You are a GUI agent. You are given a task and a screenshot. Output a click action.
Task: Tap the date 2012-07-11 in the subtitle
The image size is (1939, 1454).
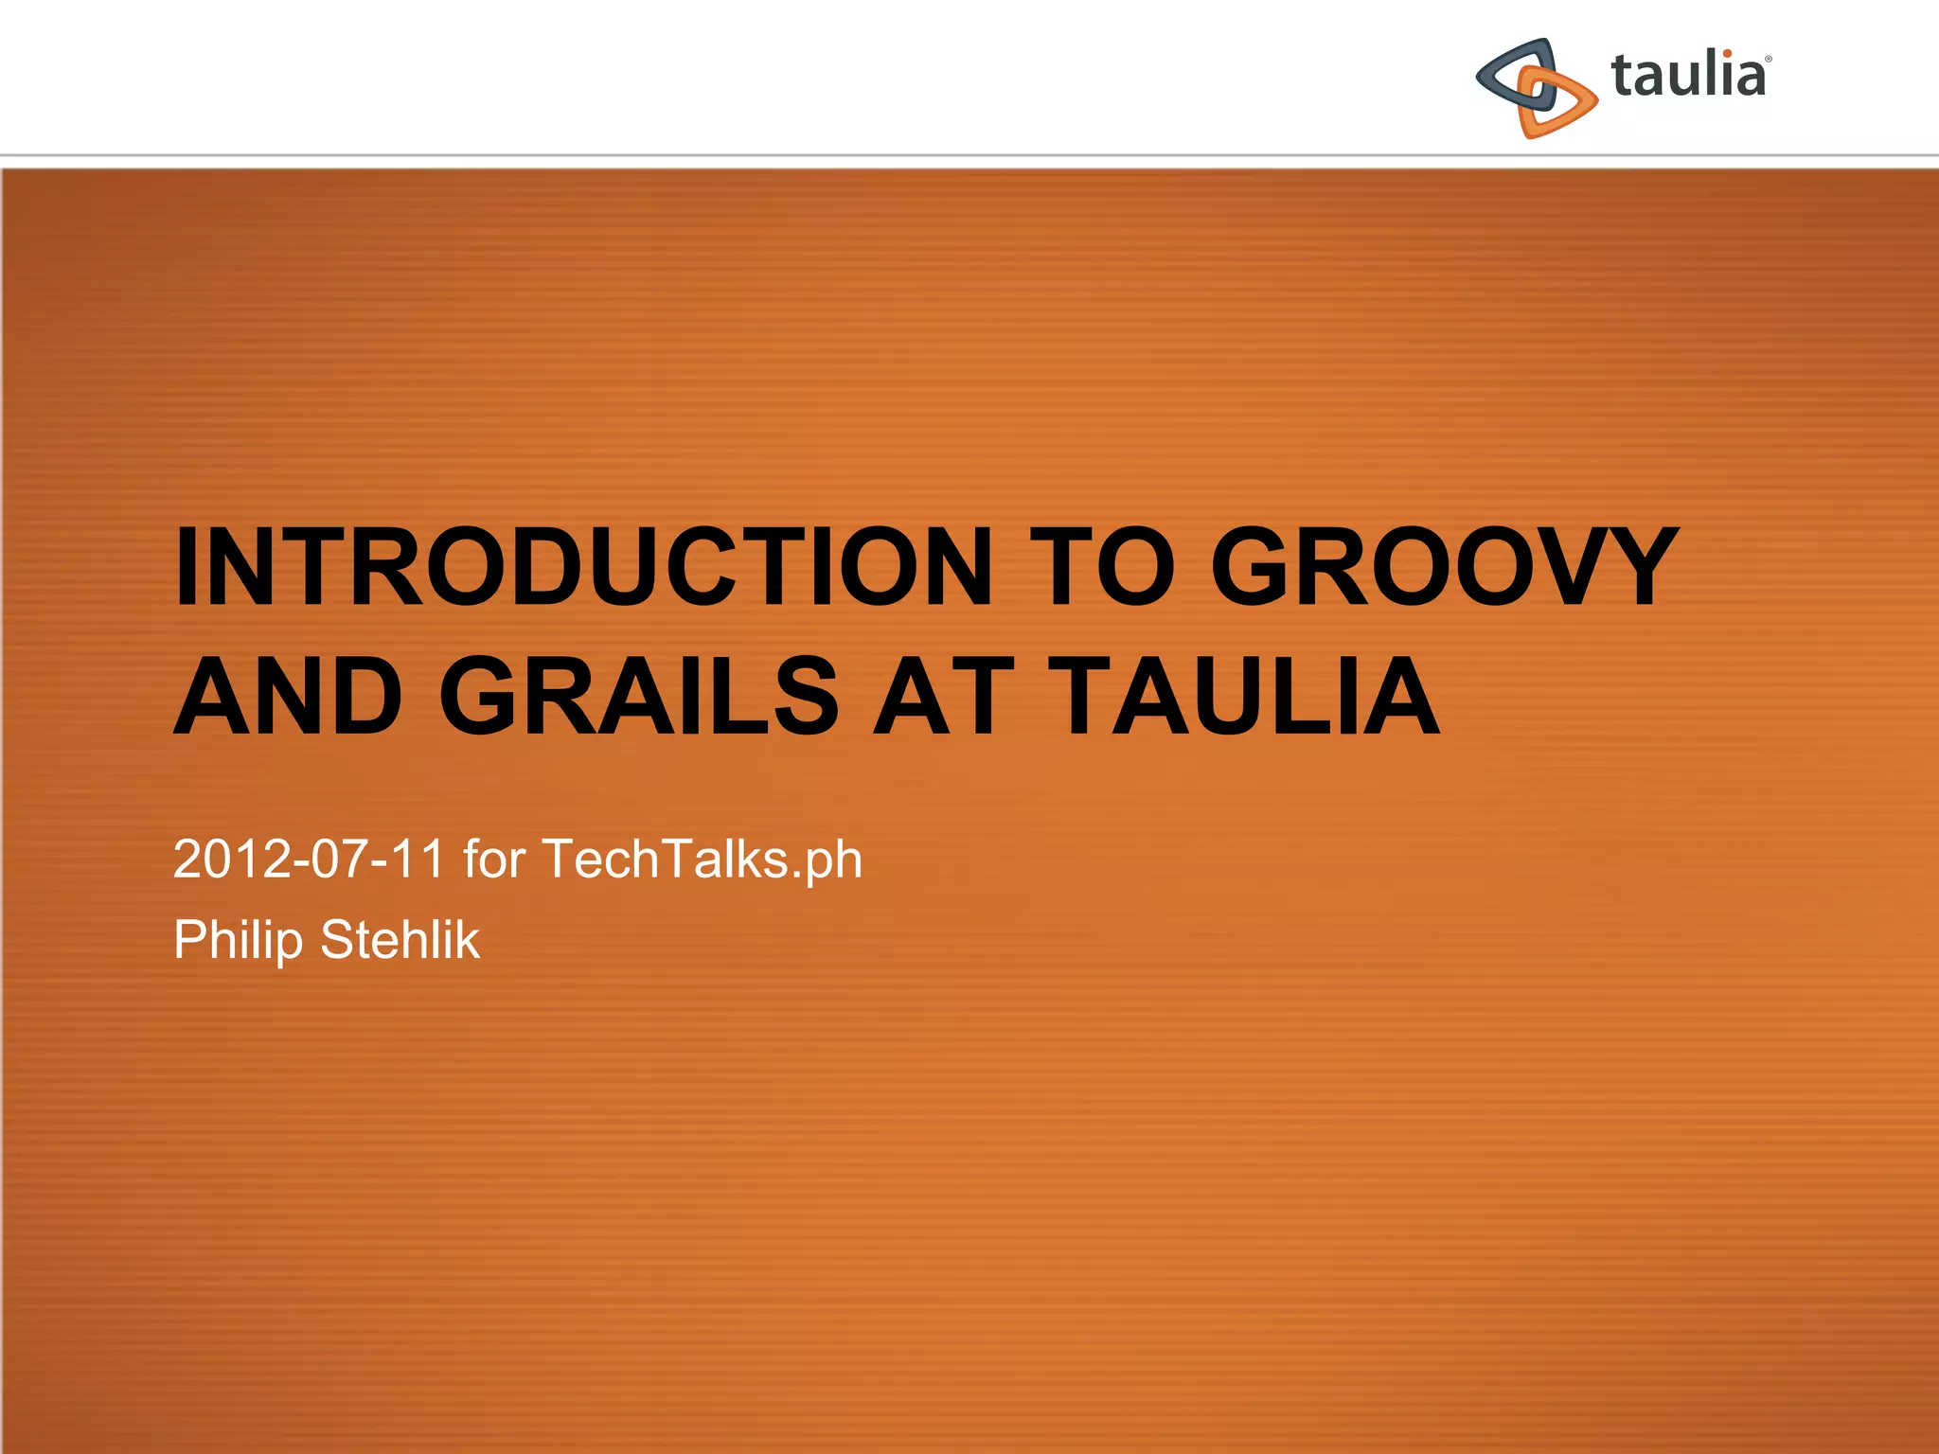(308, 860)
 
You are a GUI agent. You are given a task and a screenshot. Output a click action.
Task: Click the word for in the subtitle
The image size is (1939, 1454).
(493, 860)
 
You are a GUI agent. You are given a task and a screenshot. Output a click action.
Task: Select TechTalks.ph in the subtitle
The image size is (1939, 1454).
(702, 860)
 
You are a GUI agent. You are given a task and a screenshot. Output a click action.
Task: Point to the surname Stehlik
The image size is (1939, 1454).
(400, 940)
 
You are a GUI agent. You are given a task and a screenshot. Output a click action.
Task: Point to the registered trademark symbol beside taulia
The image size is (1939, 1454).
(1768, 59)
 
